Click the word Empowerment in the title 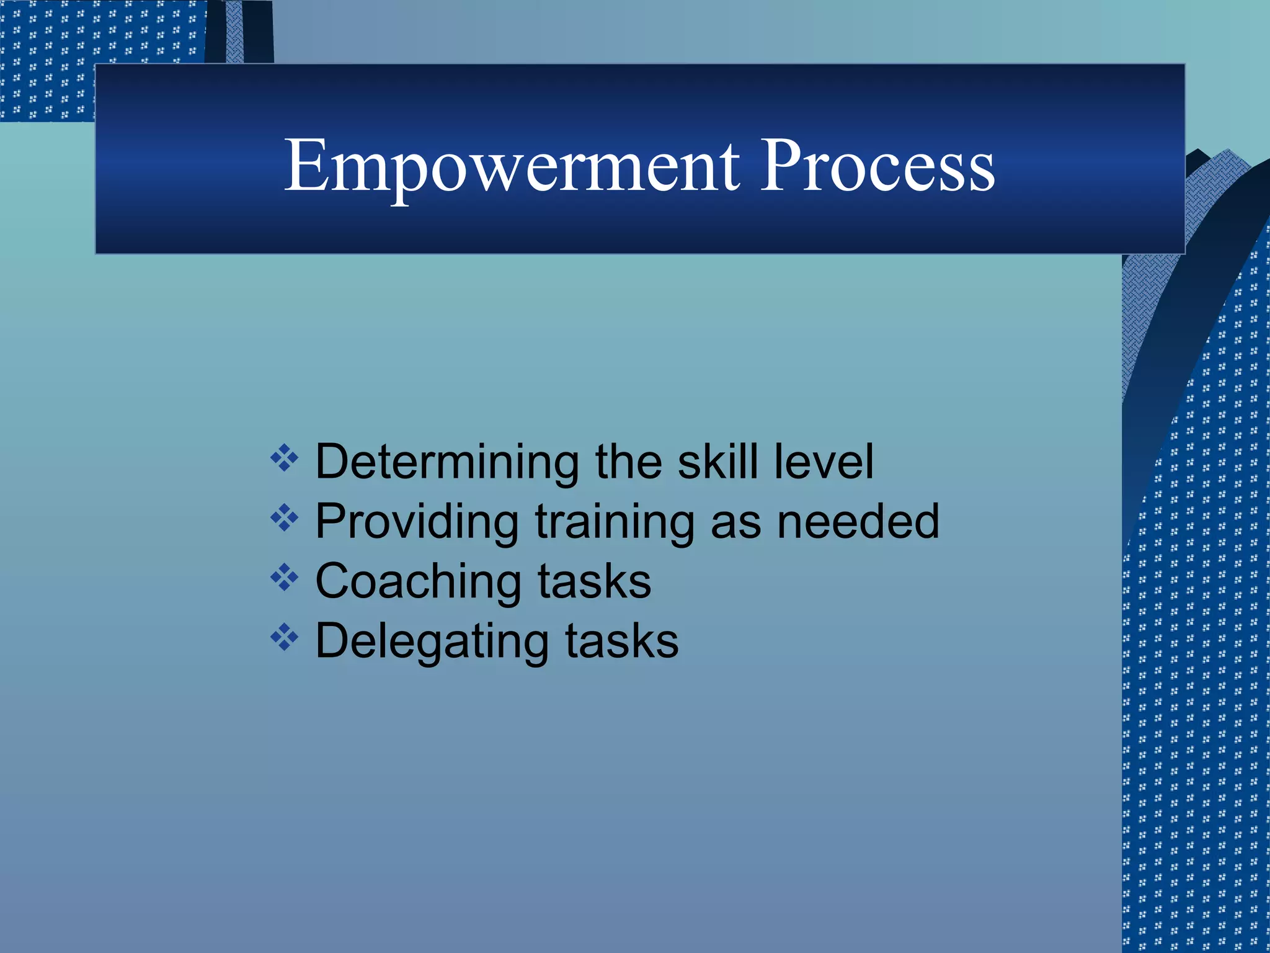[512, 166]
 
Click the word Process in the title [877, 166]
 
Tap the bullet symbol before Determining [285, 459]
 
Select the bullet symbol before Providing [285, 517]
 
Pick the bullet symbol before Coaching [285, 578]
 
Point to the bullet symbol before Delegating [285, 637]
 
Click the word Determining [447, 462]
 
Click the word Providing [417, 522]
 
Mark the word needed [858, 522]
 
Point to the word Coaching [418, 581]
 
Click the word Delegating [432, 642]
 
